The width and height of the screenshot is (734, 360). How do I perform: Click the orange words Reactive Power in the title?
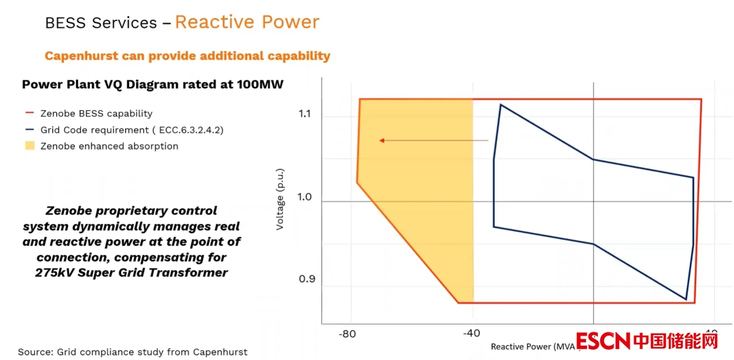(247, 22)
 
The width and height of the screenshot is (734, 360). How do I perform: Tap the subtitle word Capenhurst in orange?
(81, 56)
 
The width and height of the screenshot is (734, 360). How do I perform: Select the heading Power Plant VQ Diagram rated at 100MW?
(152, 85)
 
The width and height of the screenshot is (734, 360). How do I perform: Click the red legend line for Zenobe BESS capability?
(29, 113)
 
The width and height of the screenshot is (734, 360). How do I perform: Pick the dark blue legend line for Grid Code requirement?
(29, 130)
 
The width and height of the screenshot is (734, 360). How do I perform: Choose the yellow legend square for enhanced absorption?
(29, 146)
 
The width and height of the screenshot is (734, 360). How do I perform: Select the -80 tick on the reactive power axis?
(347, 334)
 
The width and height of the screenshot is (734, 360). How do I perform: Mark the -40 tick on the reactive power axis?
(471, 334)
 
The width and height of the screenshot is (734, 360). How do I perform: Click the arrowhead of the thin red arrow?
(382, 141)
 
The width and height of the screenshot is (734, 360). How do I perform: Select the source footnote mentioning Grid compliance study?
(133, 352)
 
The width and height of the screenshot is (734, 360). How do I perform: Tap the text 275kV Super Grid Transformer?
(131, 272)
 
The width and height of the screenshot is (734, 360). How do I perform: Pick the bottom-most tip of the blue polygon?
(686, 300)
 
